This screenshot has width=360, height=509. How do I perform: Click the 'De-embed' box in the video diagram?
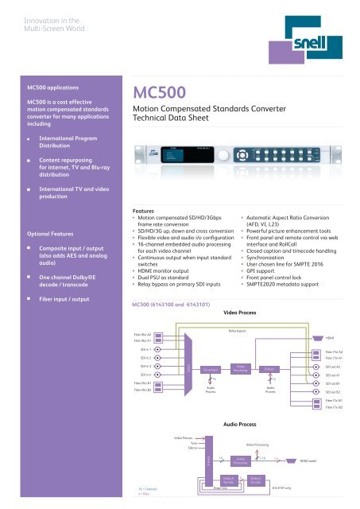[211, 369]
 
